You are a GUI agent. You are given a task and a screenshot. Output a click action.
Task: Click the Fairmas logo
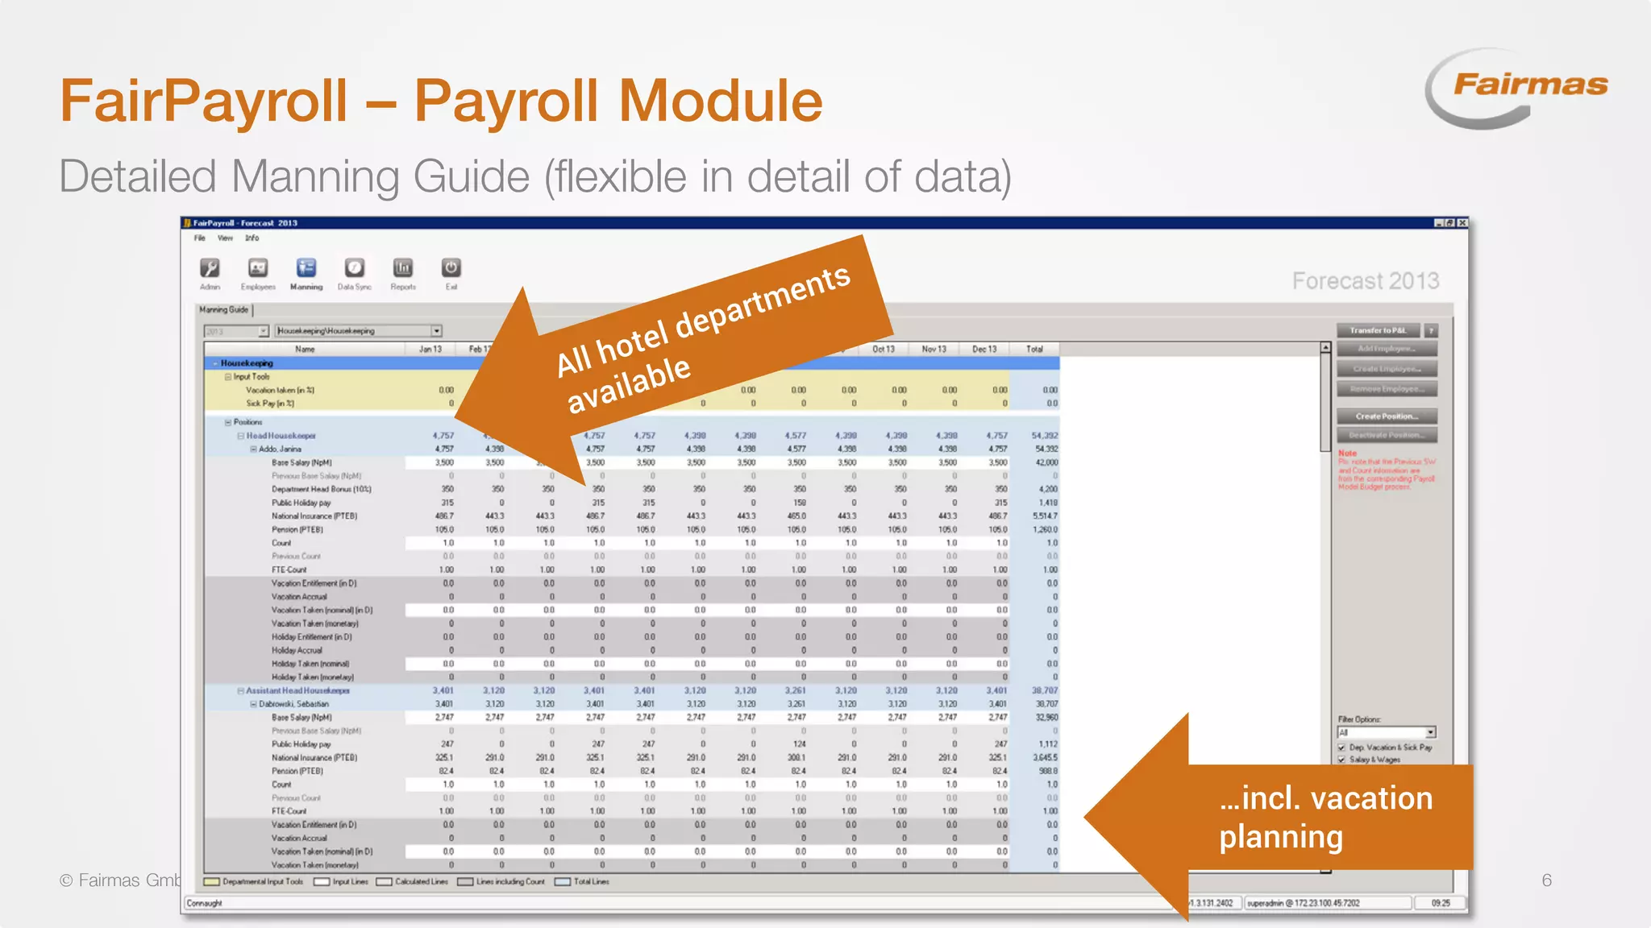1516,87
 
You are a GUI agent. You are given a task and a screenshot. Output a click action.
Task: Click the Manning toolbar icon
306,269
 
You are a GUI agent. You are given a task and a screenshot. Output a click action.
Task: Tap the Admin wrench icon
210,269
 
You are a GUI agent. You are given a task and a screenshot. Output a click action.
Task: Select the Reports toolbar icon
402,269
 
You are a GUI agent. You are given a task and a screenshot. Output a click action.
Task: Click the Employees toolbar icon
257,269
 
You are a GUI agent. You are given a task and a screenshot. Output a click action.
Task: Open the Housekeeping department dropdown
436,331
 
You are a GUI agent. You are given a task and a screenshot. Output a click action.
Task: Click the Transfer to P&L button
1378,330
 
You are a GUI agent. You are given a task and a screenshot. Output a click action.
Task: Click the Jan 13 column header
430,350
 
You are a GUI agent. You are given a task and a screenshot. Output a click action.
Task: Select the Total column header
1034,350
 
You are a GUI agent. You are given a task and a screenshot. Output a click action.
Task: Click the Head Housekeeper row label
281,436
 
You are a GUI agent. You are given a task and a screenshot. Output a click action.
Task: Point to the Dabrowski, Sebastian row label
293,704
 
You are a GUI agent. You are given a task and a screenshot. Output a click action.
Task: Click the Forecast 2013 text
1365,281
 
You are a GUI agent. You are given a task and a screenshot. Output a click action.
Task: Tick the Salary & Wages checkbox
1342,760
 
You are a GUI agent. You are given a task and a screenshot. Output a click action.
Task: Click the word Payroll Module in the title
618,101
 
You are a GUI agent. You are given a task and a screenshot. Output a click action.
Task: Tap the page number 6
1546,880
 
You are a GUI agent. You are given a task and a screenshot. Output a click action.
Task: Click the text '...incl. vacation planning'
1325,817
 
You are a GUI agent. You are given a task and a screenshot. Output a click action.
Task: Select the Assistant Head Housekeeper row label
297,691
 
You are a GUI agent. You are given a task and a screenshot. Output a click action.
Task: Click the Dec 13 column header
984,350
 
